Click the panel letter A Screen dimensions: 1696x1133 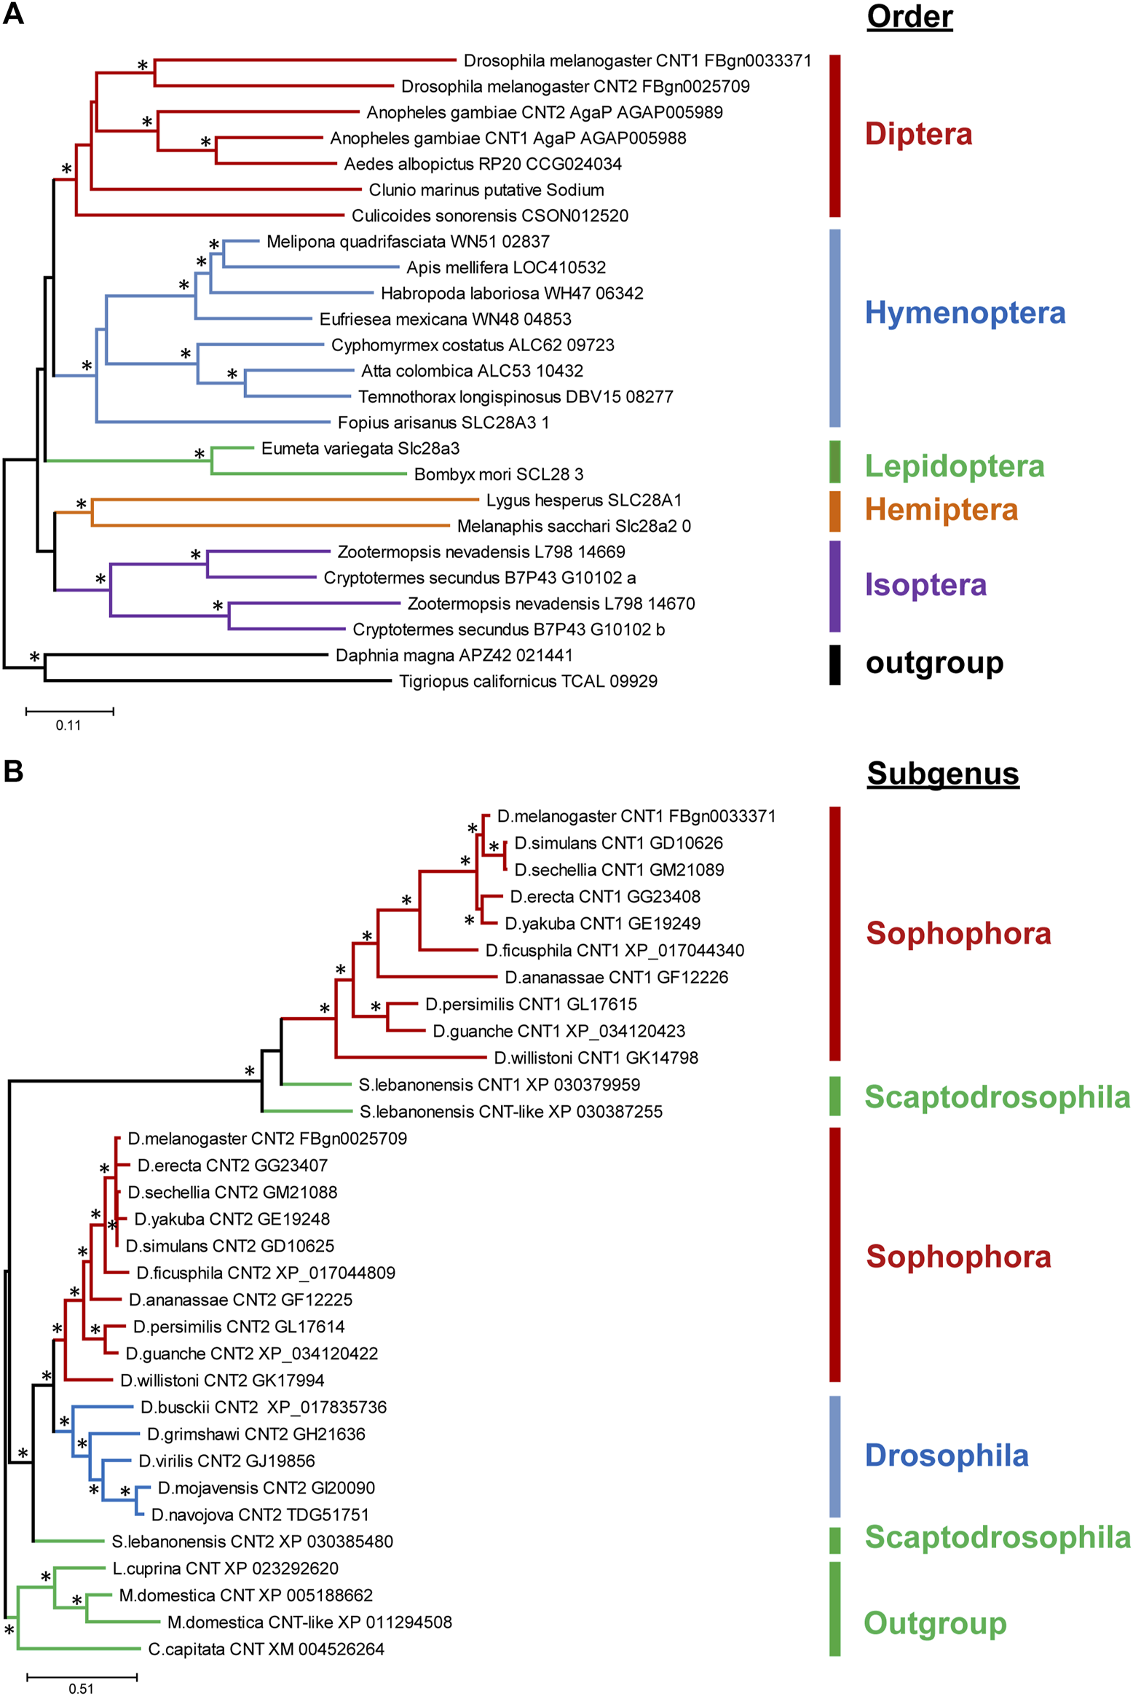(13, 14)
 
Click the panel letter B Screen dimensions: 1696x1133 (13, 770)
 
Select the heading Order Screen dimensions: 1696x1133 (909, 16)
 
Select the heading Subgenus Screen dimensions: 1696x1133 (942, 773)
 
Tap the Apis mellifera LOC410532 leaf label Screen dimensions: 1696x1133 (506, 267)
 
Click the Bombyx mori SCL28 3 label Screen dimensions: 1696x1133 (499, 474)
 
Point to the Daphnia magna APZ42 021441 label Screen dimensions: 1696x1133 (454, 655)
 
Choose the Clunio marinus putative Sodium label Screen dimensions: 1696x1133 (486, 190)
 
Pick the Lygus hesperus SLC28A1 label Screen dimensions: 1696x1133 (584, 500)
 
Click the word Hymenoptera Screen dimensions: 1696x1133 (965, 313)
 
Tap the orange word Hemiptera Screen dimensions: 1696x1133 (941, 509)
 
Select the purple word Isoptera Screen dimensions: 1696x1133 (925, 584)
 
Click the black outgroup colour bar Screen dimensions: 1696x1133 (834, 664)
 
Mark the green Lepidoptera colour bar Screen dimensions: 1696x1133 (834, 461)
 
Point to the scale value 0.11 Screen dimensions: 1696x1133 (68, 725)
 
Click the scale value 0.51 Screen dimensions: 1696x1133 (81, 1688)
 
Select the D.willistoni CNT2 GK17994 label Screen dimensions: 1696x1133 (222, 1380)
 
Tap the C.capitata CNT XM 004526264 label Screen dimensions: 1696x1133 (266, 1649)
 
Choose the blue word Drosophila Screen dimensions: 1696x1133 (947, 1455)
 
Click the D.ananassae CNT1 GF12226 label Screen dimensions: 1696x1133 (616, 977)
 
